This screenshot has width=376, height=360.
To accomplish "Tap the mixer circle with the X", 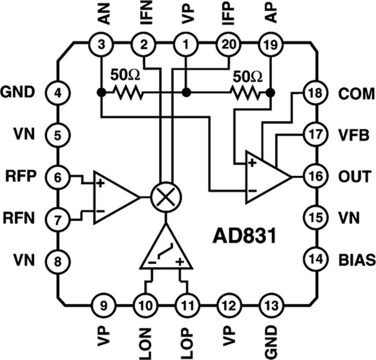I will (165, 197).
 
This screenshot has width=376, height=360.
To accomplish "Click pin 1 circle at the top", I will (185, 43).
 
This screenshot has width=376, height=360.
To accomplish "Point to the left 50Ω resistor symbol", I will (127, 92).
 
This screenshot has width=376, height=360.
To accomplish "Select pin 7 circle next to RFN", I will (58, 218).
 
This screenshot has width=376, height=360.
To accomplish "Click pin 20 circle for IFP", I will (228, 43).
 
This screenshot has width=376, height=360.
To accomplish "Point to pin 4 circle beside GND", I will (58, 92).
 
